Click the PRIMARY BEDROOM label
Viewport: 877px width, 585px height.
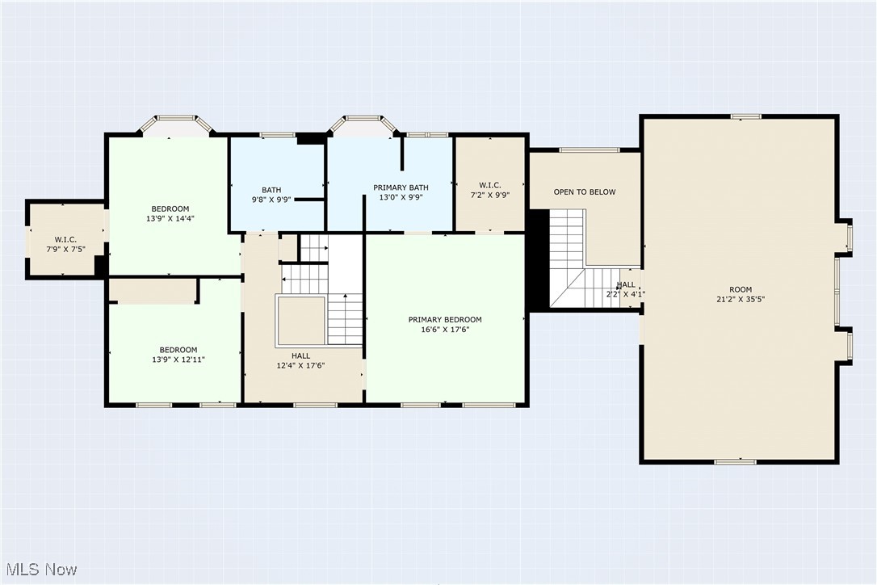click(x=445, y=319)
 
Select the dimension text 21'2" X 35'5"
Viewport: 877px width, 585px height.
click(x=741, y=299)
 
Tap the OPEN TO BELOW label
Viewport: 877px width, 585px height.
click(x=585, y=192)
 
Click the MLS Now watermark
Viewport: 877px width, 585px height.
click(x=39, y=570)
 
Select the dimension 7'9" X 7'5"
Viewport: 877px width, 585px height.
click(x=65, y=249)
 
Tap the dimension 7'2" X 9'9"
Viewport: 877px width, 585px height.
click(x=489, y=195)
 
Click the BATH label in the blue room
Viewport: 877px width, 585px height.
click(x=271, y=190)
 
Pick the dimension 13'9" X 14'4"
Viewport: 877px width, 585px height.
click(x=170, y=218)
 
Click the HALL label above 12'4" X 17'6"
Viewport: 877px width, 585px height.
click(x=300, y=356)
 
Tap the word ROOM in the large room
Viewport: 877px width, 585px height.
click(x=741, y=289)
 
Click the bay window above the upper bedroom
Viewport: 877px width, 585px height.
click(x=176, y=122)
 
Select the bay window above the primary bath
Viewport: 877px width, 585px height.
click(x=364, y=122)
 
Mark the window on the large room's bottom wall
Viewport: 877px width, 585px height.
click(x=736, y=461)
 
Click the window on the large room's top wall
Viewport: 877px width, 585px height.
click(x=746, y=116)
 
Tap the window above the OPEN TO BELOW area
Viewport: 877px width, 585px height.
click(x=590, y=149)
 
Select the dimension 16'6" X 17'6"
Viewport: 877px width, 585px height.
click(x=445, y=330)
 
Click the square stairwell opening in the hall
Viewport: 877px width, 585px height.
click(x=300, y=320)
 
